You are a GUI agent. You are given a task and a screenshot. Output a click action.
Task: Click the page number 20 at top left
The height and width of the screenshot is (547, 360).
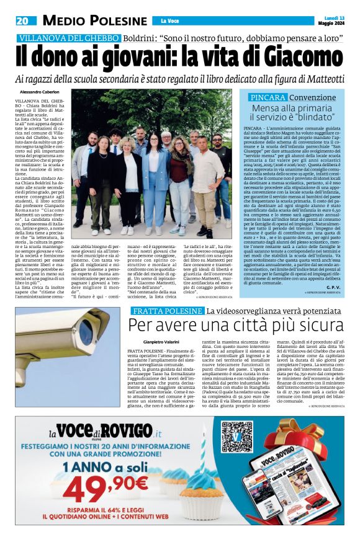[x=22, y=20]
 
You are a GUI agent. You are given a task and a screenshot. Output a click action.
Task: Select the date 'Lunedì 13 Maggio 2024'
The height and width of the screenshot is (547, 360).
[x=334, y=20]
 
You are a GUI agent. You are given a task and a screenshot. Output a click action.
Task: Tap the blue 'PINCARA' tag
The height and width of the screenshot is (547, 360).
[x=268, y=98]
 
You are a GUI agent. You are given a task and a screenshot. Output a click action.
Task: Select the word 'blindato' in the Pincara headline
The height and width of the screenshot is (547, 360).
[x=308, y=116]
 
